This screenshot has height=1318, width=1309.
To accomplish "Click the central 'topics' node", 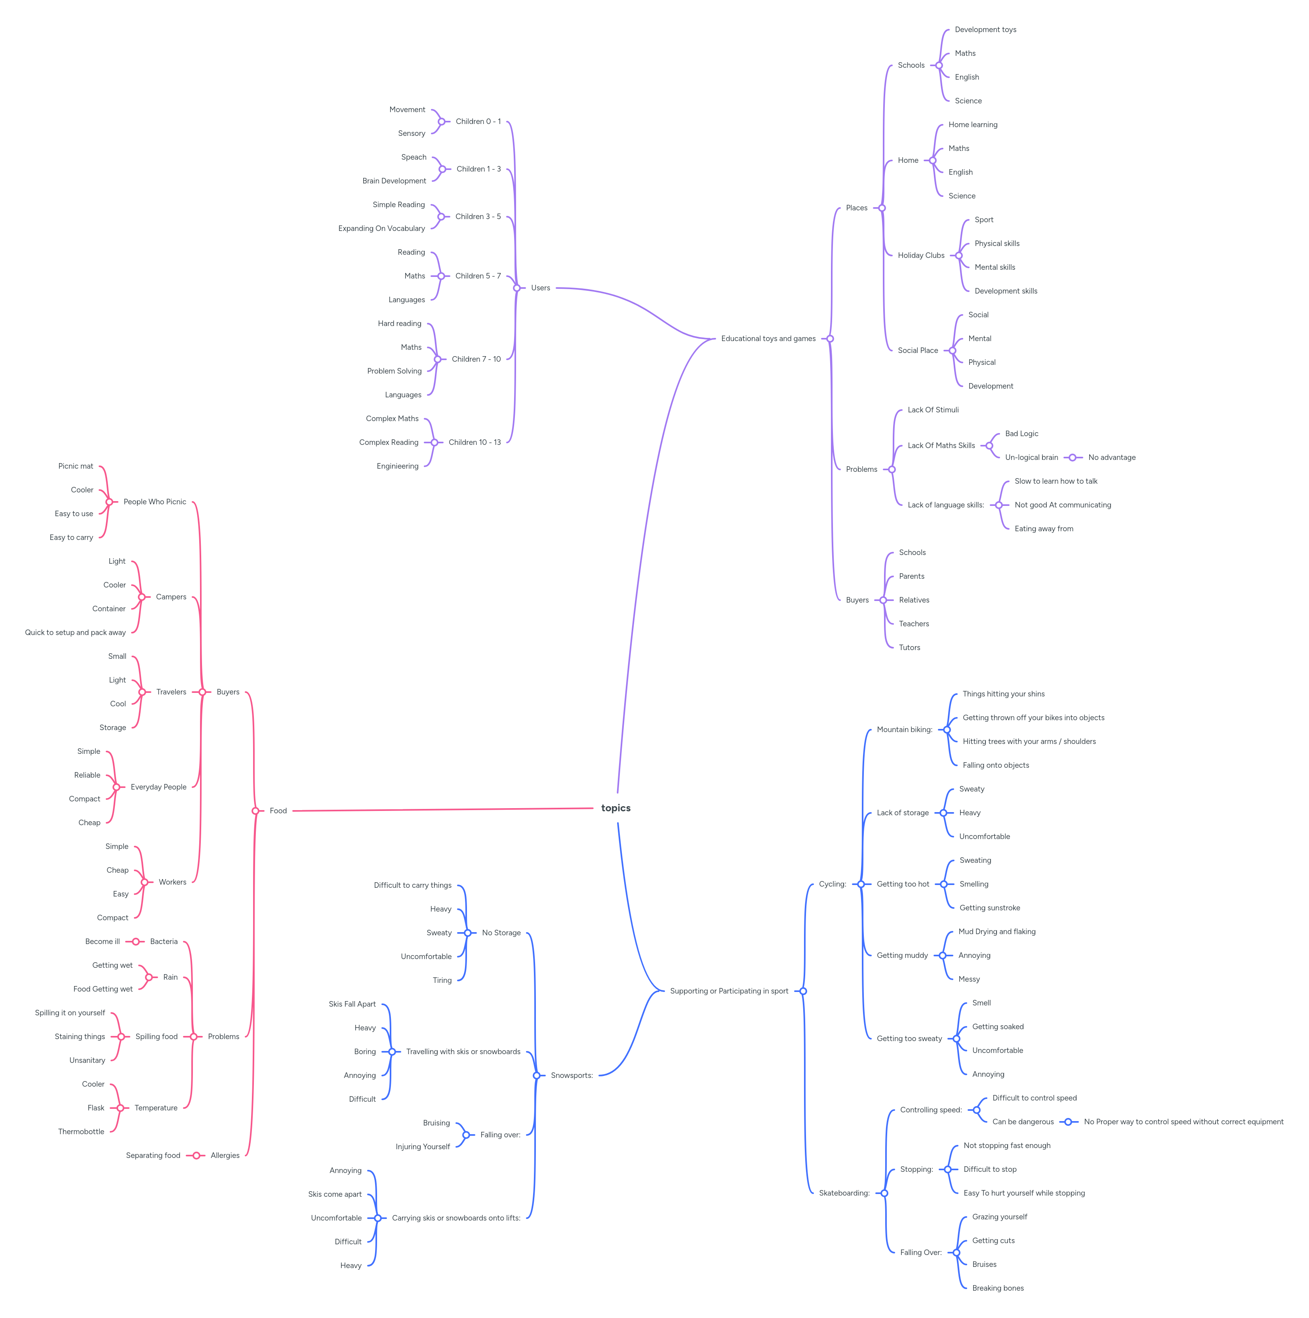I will click(615, 808).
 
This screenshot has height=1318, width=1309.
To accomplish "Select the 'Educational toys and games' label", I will click(768, 338).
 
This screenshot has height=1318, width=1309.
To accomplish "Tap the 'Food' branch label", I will click(278, 811).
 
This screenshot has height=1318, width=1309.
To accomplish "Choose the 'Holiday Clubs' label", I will click(920, 255).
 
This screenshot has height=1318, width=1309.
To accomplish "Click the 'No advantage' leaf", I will click(1111, 457).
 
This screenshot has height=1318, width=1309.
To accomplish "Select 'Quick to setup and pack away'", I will click(75, 632).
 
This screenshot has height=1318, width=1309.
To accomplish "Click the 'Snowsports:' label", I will click(572, 1075).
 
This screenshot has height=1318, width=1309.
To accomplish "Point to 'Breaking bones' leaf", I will click(997, 1288).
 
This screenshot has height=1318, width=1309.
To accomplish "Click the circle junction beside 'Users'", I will click(517, 288).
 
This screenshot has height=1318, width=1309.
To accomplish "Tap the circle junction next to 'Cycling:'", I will click(861, 884).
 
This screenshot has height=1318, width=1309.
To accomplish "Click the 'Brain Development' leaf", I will click(394, 181).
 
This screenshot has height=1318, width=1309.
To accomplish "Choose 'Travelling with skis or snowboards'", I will click(463, 1051).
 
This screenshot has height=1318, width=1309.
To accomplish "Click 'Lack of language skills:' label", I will click(945, 505).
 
